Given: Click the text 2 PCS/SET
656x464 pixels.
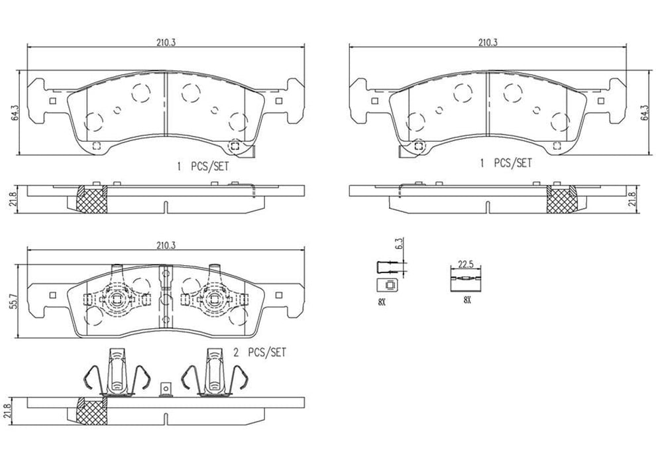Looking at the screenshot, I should pos(260,353).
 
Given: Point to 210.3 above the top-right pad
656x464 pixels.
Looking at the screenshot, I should pos(488,42).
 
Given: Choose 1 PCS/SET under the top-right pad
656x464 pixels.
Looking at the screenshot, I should pos(506,162).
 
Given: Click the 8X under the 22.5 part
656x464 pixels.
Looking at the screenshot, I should pos(466,300).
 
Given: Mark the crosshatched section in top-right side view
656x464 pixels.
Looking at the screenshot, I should pos(561,199).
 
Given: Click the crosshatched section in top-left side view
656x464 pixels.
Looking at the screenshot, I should pos(92,198).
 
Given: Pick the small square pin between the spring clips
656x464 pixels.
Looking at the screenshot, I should pos(164,388).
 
